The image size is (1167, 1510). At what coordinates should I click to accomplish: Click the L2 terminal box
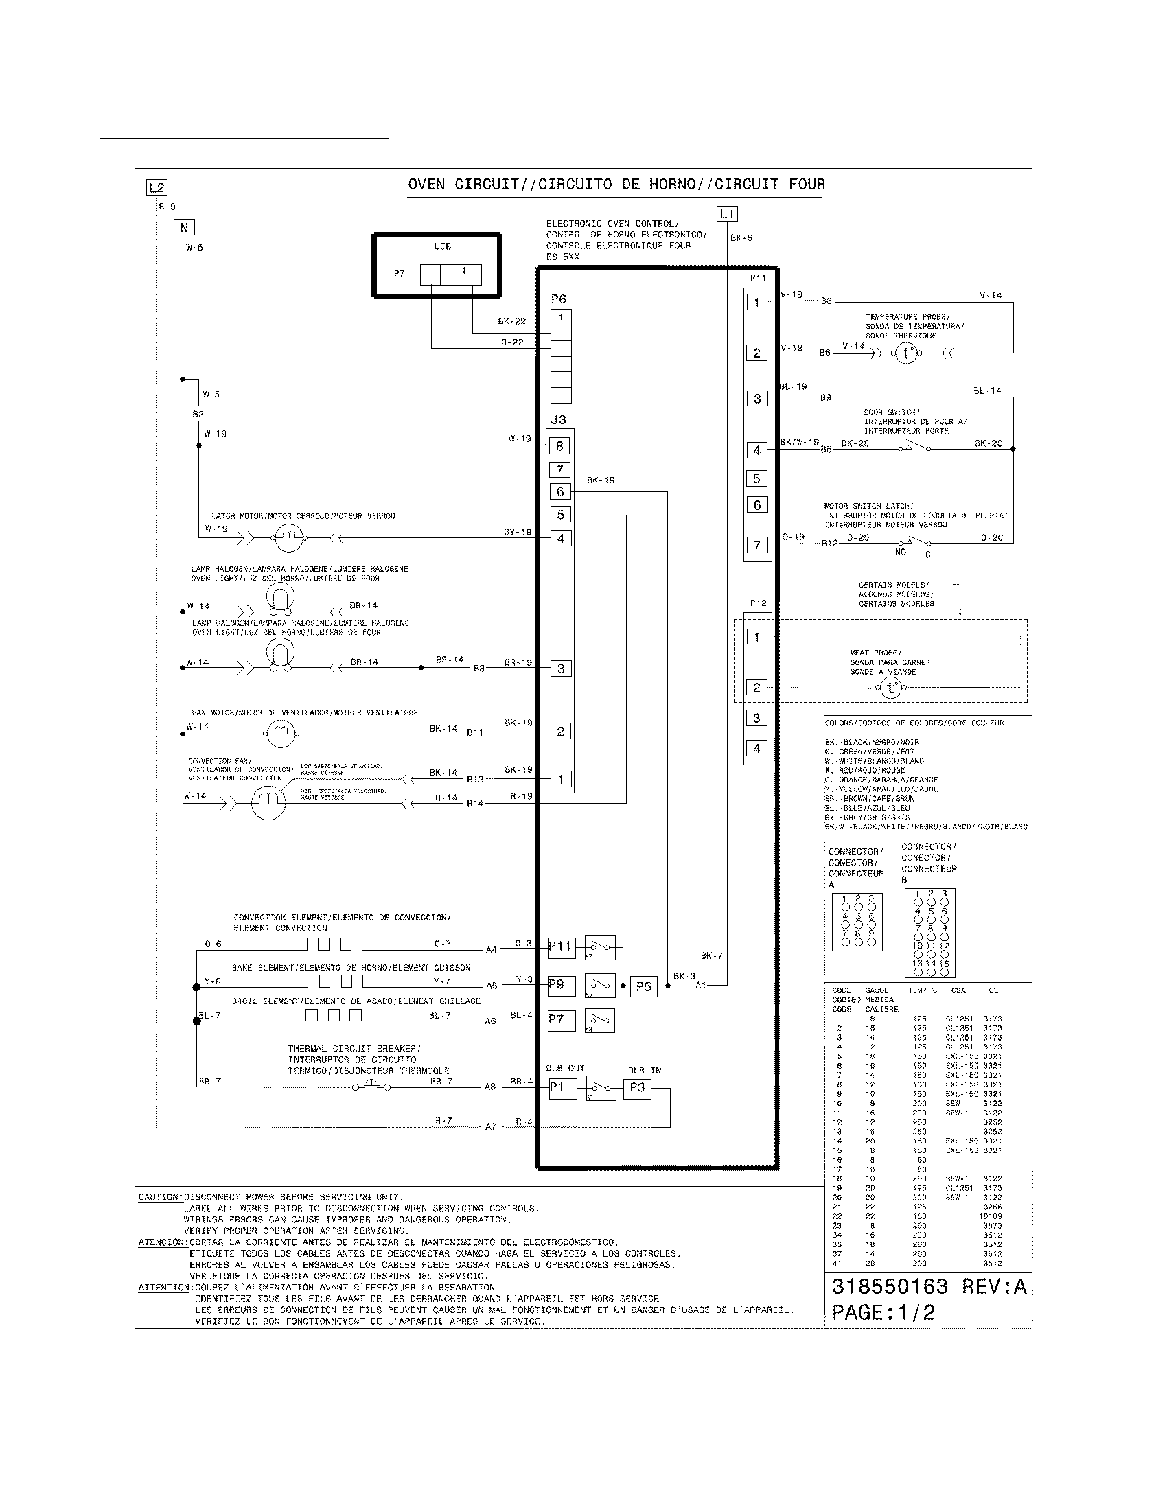point(157,187)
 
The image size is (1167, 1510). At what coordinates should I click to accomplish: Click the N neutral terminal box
point(184,227)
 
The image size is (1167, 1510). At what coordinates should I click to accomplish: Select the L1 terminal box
point(726,213)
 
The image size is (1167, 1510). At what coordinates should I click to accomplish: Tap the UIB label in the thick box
point(443,247)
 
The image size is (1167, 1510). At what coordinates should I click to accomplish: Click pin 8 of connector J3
point(560,446)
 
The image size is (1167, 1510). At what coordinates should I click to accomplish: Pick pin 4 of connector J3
point(560,538)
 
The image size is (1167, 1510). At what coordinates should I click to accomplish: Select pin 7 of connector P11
point(756,545)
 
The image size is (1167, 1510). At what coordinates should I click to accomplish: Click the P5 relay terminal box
point(643,986)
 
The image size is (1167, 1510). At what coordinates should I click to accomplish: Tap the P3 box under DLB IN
point(637,1088)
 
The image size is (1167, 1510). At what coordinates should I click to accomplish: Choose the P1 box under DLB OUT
point(561,1088)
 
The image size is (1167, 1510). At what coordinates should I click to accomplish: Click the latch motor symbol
point(288,537)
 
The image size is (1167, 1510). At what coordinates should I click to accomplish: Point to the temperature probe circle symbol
point(906,354)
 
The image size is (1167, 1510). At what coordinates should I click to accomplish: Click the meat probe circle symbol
point(890,688)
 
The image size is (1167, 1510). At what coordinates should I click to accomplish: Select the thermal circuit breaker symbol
point(372,1087)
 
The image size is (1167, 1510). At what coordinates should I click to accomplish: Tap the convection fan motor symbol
point(268,803)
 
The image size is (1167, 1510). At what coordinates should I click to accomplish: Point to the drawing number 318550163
point(889,1287)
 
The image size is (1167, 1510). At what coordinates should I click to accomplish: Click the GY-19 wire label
point(517,532)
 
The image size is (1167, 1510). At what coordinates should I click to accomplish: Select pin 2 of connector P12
point(756,687)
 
